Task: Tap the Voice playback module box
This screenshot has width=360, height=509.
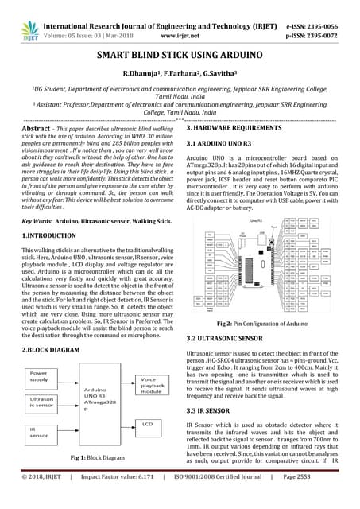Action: (x=153, y=385)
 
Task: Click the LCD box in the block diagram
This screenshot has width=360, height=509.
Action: (x=149, y=425)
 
